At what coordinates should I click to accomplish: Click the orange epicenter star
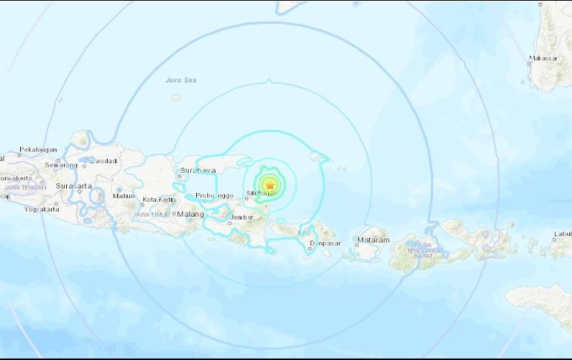[x=270, y=185]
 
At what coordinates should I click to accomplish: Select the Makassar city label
[x=543, y=58]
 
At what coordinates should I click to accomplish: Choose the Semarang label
[x=61, y=165]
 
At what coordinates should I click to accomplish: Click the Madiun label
[x=123, y=196]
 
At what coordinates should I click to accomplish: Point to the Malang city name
[x=190, y=215]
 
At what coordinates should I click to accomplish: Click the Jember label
[x=241, y=217]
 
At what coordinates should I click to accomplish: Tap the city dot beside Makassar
[x=529, y=63]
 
